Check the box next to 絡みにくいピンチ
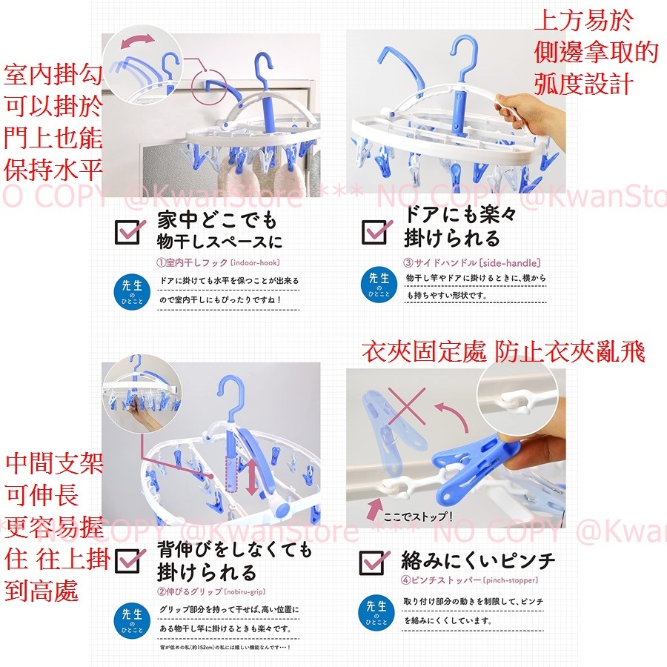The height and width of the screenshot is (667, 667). tap(375, 562)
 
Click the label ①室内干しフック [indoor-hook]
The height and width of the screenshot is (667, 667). tap(217, 262)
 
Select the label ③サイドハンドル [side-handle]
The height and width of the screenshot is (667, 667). tap(471, 262)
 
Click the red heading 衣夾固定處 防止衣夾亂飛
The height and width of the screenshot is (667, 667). tap(503, 351)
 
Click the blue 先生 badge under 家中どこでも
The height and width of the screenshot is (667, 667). tap(133, 291)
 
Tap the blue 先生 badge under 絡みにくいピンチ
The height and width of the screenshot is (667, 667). tap(378, 614)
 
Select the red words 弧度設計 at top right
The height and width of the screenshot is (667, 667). tap(583, 83)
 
